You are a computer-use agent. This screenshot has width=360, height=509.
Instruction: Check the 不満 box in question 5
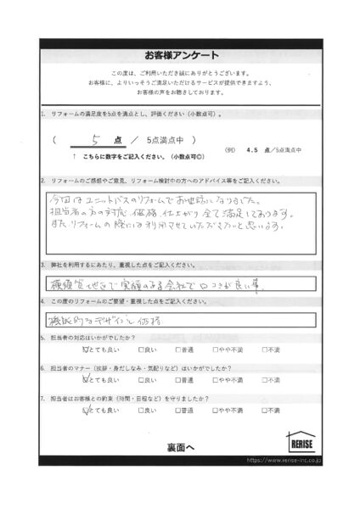pos(265,349)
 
